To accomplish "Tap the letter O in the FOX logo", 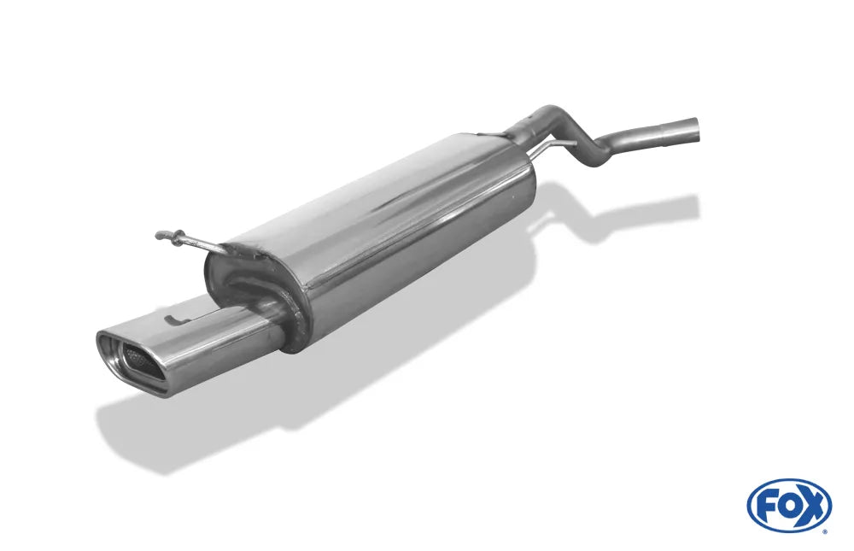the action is (788, 507).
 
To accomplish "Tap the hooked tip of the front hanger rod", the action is (161, 236).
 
